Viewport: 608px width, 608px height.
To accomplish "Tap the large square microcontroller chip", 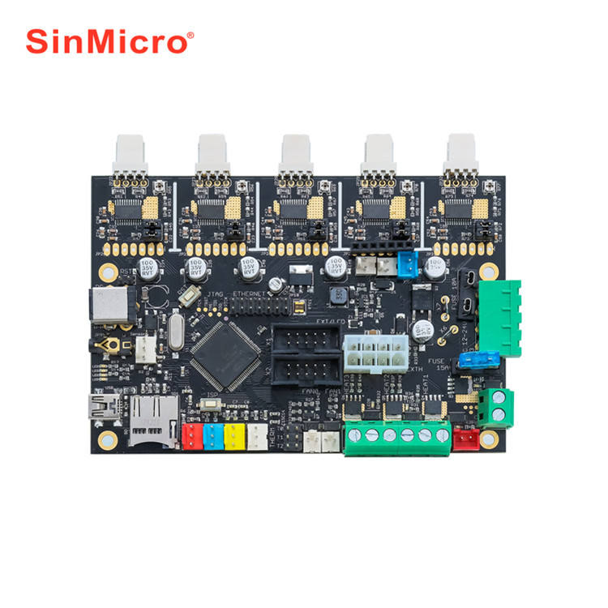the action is pyautogui.click(x=225, y=353).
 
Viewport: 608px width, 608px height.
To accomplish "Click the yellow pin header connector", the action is pyautogui.click(x=233, y=435).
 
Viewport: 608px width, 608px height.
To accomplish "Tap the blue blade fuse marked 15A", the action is pyautogui.click(x=473, y=360).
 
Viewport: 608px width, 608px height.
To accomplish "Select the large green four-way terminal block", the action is pyautogui.click(x=499, y=317).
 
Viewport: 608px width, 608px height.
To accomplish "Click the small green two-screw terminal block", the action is pyautogui.click(x=497, y=406).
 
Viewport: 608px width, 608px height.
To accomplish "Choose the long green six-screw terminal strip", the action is pyautogui.click(x=396, y=435).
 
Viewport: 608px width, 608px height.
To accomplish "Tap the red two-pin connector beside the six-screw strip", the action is pyautogui.click(x=466, y=438).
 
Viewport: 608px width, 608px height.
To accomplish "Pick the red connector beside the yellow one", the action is pyautogui.click(x=191, y=436).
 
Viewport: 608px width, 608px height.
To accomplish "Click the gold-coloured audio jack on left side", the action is pyautogui.click(x=106, y=345).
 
